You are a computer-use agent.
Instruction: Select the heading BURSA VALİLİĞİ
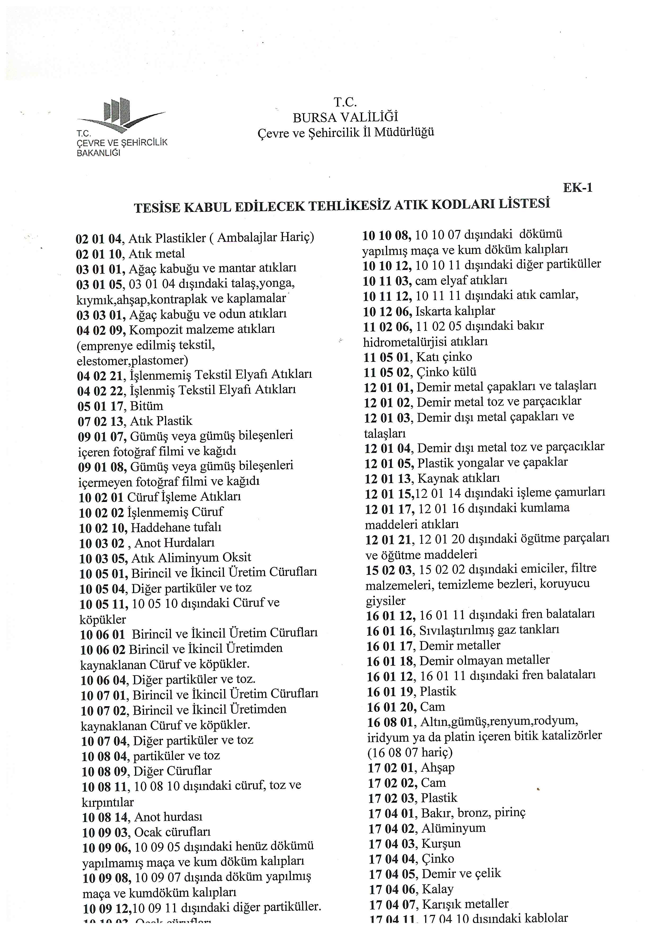click(x=345, y=117)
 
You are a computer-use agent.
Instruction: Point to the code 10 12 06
click(x=387, y=312)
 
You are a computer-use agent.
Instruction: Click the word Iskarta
click(x=434, y=311)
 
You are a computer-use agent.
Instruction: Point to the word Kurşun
click(x=441, y=844)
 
